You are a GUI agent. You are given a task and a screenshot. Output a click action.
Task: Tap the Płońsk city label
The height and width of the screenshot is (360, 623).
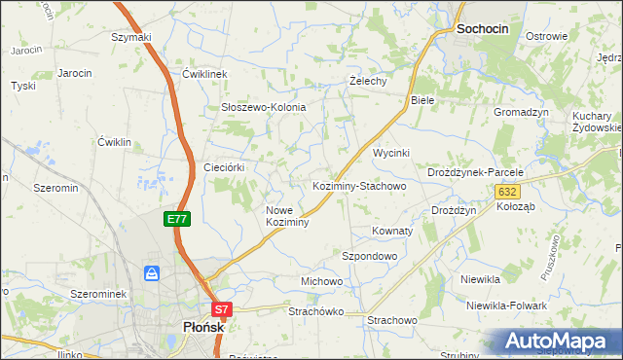pos(203,328)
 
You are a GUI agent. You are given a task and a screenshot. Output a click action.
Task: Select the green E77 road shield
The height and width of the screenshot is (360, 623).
pos(176,220)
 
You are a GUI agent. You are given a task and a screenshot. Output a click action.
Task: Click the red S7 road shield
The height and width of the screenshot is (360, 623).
pos(222,310)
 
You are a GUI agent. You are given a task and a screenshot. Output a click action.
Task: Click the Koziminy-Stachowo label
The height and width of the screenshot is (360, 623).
pos(358,185)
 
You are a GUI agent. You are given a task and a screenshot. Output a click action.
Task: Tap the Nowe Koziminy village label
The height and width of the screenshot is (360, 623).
pos(287,216)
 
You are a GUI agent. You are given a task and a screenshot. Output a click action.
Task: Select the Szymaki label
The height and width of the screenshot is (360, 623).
pos(131,37)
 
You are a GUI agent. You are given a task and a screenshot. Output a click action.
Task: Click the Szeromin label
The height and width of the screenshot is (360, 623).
pos(55,187)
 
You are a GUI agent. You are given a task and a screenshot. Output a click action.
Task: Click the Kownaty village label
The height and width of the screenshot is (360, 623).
pos(392,232)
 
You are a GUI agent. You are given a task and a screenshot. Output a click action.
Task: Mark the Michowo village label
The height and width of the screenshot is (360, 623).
pos(321,281)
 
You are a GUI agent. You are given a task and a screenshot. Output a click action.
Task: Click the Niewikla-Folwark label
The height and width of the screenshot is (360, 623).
pos(505,306)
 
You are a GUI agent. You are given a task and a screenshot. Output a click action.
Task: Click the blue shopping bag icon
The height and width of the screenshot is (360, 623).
pos(152,273)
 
